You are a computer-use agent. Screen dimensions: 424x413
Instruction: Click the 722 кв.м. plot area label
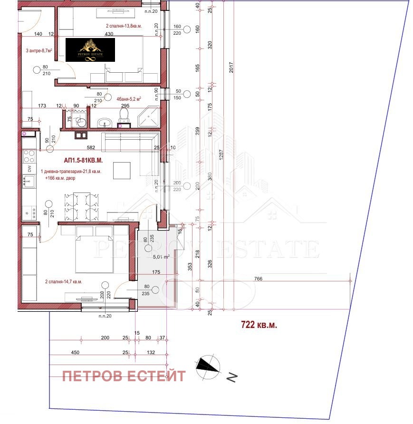[x=259, y=326]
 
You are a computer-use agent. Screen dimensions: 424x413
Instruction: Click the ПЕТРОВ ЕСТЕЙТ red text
[x=124, y=376]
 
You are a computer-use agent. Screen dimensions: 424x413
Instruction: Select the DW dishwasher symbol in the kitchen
[x=29, y=168]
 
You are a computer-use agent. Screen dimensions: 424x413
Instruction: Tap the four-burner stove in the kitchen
[x=29, y=154]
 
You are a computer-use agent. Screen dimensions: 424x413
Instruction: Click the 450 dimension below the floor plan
[x=62, y=352]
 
